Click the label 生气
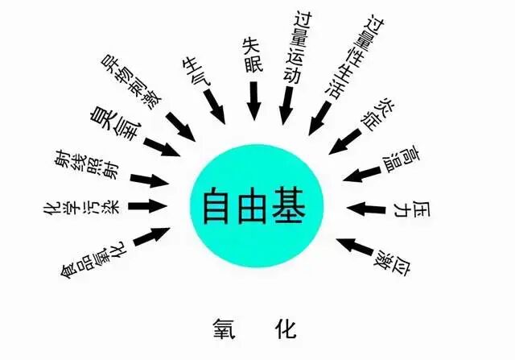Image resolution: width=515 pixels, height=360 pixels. click(197, 73)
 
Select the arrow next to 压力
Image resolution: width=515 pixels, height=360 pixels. click(366, 209)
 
